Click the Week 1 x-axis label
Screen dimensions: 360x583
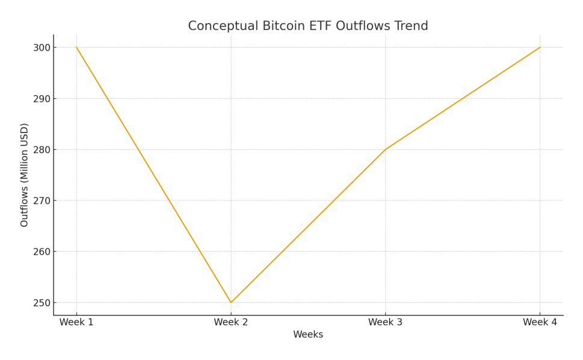76,323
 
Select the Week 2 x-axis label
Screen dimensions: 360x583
231,323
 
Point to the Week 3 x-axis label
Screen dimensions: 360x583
385,323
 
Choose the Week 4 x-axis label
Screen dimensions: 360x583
540,323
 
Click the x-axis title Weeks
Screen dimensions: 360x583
308,335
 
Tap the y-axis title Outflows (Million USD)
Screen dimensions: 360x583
25,175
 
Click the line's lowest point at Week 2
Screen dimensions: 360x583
231,302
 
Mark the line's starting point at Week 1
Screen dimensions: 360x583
76,48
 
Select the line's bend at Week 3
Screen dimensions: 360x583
385,149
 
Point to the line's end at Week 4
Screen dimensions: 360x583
540,48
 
